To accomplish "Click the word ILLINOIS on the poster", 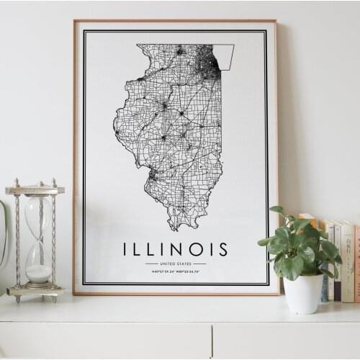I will point(175,249).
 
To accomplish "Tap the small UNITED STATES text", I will point(175,264).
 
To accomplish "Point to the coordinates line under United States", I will point(175,271).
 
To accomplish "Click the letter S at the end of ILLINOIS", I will point(223,249).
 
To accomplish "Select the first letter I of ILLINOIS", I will point(127,249).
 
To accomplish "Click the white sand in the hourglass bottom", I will point(38,274).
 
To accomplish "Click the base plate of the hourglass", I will point(35,292).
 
